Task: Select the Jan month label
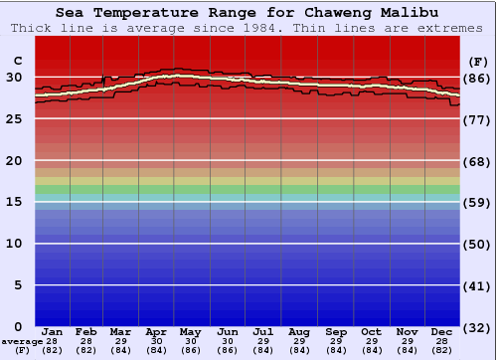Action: pos(54,332)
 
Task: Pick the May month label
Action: pos(190,332)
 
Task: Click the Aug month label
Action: pos(298,332)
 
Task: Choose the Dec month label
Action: pos(442,332)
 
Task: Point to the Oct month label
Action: pos(371,332)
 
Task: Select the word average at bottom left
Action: pos(21,342)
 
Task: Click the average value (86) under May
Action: pos(190,351)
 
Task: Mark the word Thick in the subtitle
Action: pos(32,27)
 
